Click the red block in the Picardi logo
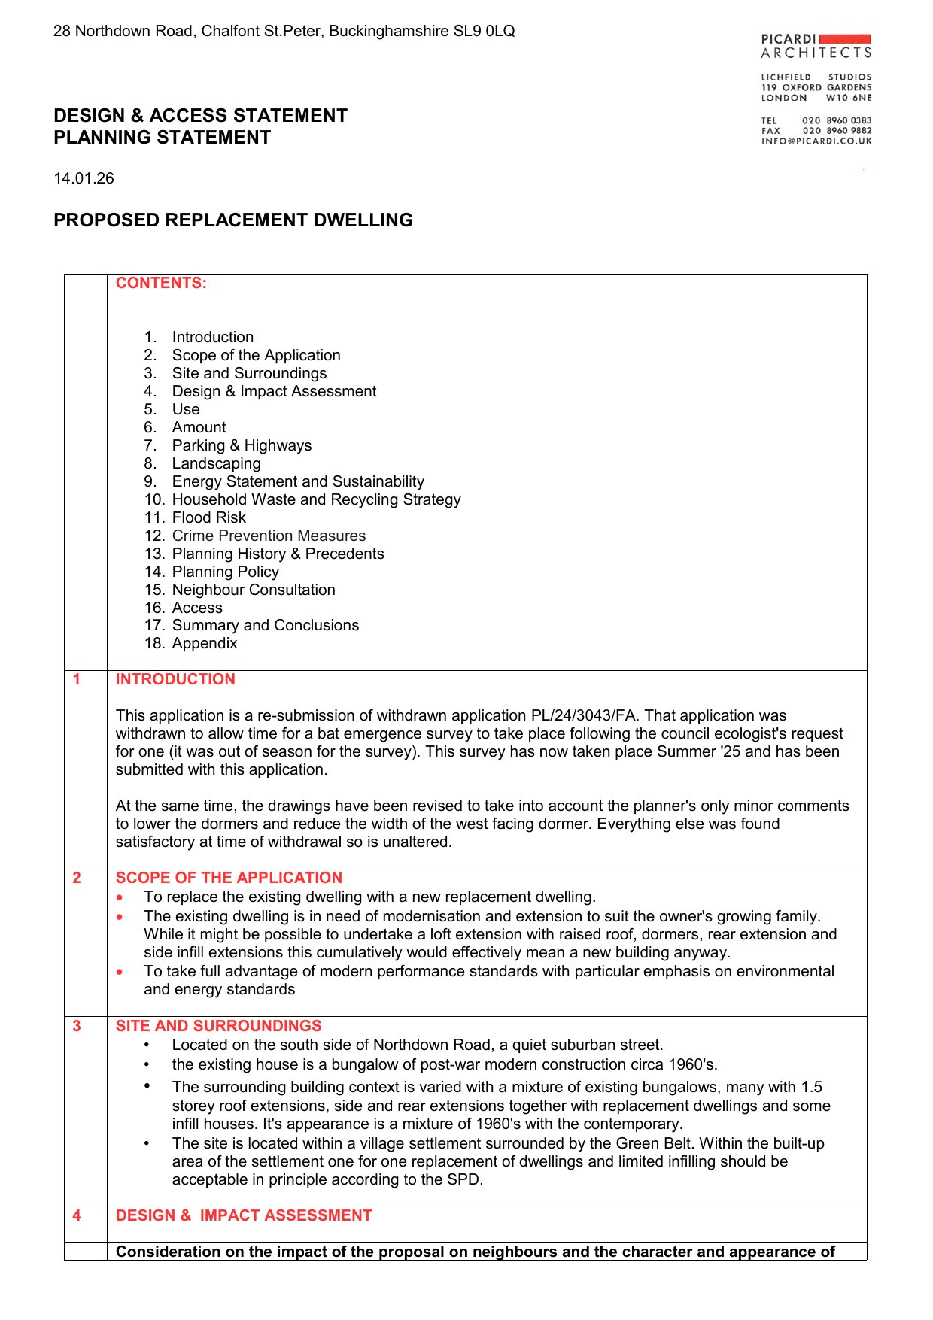pyautogui.click(x=845, y=38)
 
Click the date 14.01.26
pyautogui.click(x=84, y=178)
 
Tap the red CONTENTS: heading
pyautogui.click(x=161, y=283)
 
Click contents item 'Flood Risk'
pyautogui.click(x=208, y=517)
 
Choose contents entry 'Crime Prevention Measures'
pyautogui.click(x=269, y=536)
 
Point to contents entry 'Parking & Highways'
pyautogui.click(x=242, y=445)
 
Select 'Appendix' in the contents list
pyautogui.click(x=205, y=643)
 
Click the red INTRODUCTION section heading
pyautogui.click(x=175, y=679)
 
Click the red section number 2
pyautogui.click(x=77, y=878)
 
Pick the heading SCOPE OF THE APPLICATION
pyautogui.click(x=229, y=878)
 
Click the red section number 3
pyautogui.click(x=77, y=1026)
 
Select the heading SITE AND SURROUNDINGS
pyautogui.click(x=218, y=1026)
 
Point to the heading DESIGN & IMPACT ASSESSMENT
pyautogui.click(x=244, y=1215)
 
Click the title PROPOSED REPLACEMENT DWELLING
pyautogui.click(x=233, y=220)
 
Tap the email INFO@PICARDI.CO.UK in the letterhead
pyautogui.click(x=816, y=141)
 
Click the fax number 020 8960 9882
pyautogui.click(x=837, y=131)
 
